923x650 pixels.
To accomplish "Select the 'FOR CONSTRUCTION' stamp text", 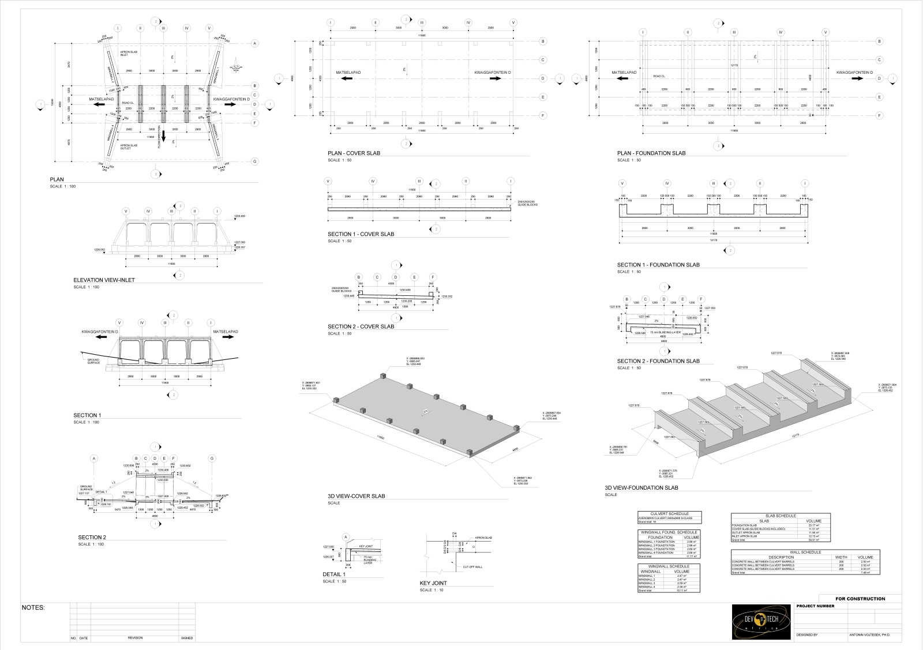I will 860,599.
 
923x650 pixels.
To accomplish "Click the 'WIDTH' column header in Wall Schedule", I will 841,557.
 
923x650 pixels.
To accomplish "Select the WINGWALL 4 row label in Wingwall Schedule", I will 648,587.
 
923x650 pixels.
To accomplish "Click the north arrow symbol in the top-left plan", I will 237,67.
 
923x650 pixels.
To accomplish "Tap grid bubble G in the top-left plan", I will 254,161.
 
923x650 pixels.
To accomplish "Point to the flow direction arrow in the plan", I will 163,137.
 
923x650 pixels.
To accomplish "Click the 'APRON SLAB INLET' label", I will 128,54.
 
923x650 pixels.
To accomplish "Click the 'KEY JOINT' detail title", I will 433,583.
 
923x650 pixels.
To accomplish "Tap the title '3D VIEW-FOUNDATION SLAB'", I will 647,488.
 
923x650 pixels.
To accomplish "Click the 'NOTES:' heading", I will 33,608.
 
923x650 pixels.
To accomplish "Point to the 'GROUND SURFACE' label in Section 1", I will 93,362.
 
